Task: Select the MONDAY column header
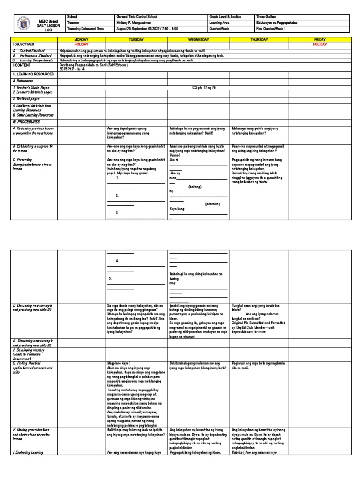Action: click(x=82, y=40)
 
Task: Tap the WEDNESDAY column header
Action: click(x=198, y=40)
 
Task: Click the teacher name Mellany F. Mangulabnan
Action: click(x=135, y=22)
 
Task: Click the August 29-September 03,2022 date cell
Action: click(x=148, y=29)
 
